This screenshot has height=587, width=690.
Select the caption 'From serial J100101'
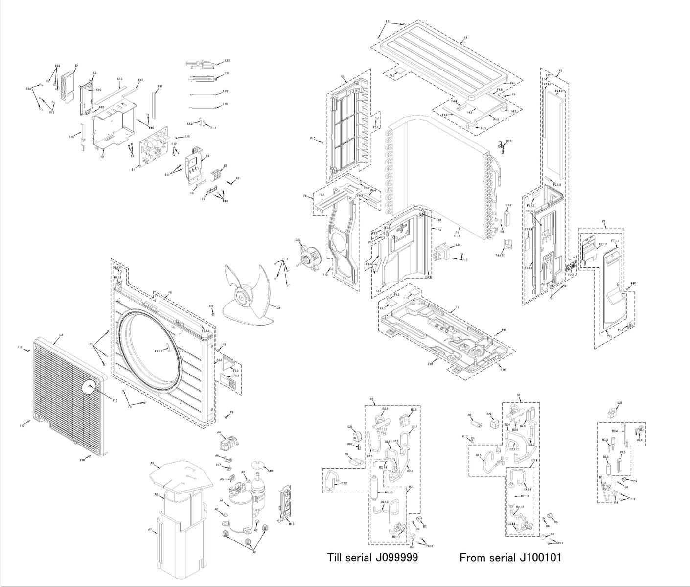[510, 557]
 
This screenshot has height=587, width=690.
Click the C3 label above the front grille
[61, 335]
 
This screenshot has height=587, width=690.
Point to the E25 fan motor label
[298, 240]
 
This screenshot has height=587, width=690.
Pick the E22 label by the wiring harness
[227, 61]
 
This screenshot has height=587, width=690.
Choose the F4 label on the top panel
[465, 38]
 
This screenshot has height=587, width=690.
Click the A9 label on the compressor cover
[152, 463]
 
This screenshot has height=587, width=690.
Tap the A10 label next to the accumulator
[270, 471]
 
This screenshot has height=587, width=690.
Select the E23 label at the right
[620, 403]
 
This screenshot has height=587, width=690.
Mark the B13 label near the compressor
[291, 524]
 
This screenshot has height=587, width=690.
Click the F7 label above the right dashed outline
[604, 222]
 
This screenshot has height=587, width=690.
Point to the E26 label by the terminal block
[458, 245]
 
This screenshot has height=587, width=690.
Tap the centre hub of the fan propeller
[242, 295]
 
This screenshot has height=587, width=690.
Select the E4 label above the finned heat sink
[77, 66]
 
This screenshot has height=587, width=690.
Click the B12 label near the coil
[509, 141]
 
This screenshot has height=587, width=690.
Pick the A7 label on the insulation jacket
[150, 530]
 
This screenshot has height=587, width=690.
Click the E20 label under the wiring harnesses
[225, 92]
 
